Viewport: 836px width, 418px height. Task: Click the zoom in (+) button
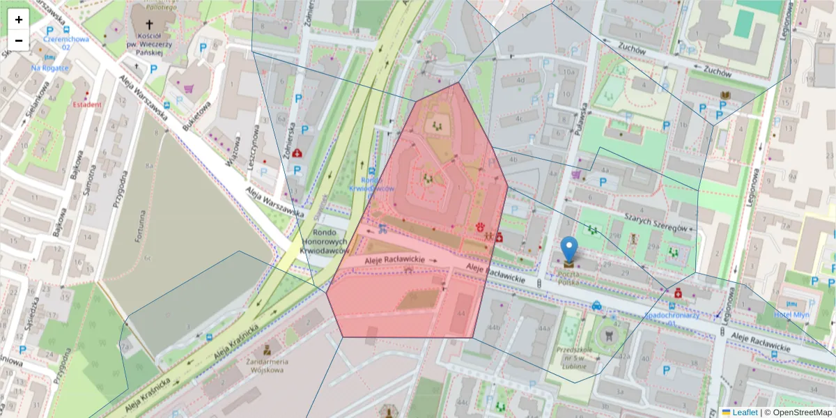[x=19, y=20]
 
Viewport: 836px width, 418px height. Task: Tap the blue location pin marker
[x=569, y=249]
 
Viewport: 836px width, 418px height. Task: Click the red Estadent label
[x=87, y=104]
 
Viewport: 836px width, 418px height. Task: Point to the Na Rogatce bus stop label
[x=49, y=68]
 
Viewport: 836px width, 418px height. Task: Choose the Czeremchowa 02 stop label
[x=65, y=43]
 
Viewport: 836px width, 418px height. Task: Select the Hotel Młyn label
[x=791, y=315]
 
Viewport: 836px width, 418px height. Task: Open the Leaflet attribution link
[x=744, y=412]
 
